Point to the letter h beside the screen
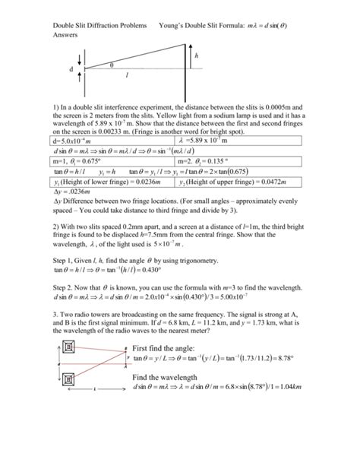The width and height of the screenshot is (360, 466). [197, 56]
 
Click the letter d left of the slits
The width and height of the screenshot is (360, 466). [71, 69]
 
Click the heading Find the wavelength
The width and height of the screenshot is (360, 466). [166, 399]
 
